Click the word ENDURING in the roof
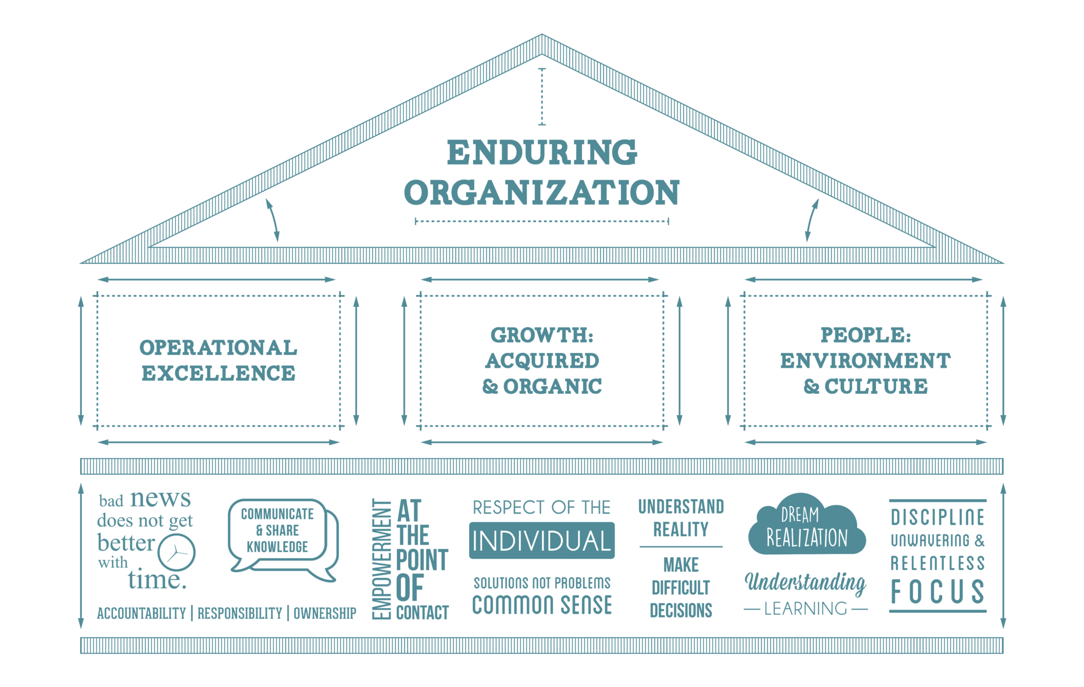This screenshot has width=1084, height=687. [x=542, y=152]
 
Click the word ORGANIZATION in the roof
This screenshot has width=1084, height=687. [x=542, y=193]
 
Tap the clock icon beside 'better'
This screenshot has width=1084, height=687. [x=177, y=552]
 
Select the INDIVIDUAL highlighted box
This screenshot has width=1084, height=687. [x=542, y=541]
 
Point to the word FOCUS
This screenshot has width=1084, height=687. [x=938, y=592]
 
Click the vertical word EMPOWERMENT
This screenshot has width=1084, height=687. [x=382, y=559]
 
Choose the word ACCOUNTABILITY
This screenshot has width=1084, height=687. [x=141, y=614]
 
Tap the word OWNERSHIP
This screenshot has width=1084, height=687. [x=325, y=614]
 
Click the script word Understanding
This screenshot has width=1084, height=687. [x=806, y=582]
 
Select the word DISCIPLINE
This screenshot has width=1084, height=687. [x=938, y=518]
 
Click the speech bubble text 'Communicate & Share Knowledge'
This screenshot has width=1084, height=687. [x=277, y=531]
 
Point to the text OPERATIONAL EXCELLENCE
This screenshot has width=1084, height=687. [x=218, y=360]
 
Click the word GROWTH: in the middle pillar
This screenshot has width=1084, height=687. [x=542, y=335]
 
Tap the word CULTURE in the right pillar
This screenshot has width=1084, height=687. [x=876, y=386]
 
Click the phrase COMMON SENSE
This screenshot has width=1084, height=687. [x=542, y=605]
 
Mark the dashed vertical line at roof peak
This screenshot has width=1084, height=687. [x=542, y=97]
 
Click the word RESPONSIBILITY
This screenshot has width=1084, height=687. [x=240, y=614]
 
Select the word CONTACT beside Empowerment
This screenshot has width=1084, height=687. [x=422, y=613]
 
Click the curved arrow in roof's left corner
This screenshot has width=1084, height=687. [x=273, y=220]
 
